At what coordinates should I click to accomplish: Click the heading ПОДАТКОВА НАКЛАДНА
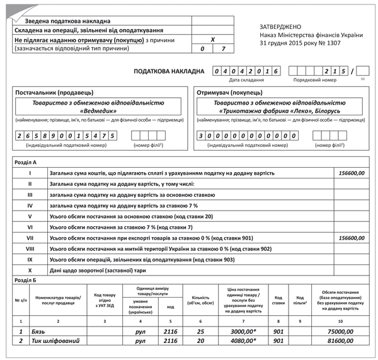[169, 72]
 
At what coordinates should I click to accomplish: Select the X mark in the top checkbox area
[213, 39]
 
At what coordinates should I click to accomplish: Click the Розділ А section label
[25, 162]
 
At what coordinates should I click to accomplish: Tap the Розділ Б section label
[25, 279]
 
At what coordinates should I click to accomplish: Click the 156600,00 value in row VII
[352, 238]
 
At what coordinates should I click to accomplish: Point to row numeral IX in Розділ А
[30, 259]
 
